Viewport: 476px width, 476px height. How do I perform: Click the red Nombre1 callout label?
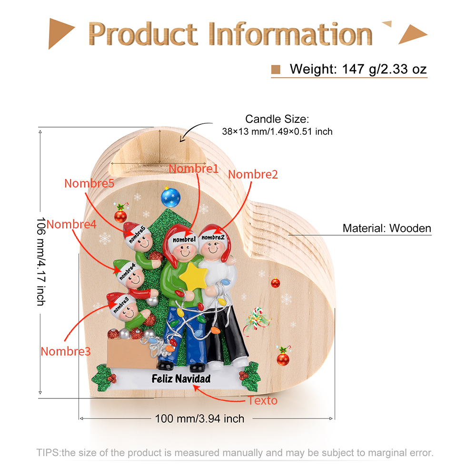(193, 169)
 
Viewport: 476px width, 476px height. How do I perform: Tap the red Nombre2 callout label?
(253, 174)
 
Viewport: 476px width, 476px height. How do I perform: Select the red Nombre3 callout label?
(65, 351)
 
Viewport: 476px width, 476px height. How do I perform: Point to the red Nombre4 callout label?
(71, 224)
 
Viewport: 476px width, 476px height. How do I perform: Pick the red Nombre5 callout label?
(89, 183)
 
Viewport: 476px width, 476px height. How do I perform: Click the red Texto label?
(262, 400)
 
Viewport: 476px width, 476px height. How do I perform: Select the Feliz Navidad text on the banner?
(181, 379)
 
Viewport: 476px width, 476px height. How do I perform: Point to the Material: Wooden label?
(387, 228)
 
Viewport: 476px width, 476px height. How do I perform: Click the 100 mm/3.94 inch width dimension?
(199, 418)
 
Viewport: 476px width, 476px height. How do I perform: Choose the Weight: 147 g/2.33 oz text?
(358, 69)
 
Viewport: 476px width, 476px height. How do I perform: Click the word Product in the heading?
(143, 34)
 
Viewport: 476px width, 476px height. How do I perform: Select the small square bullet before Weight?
(276, 69)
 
